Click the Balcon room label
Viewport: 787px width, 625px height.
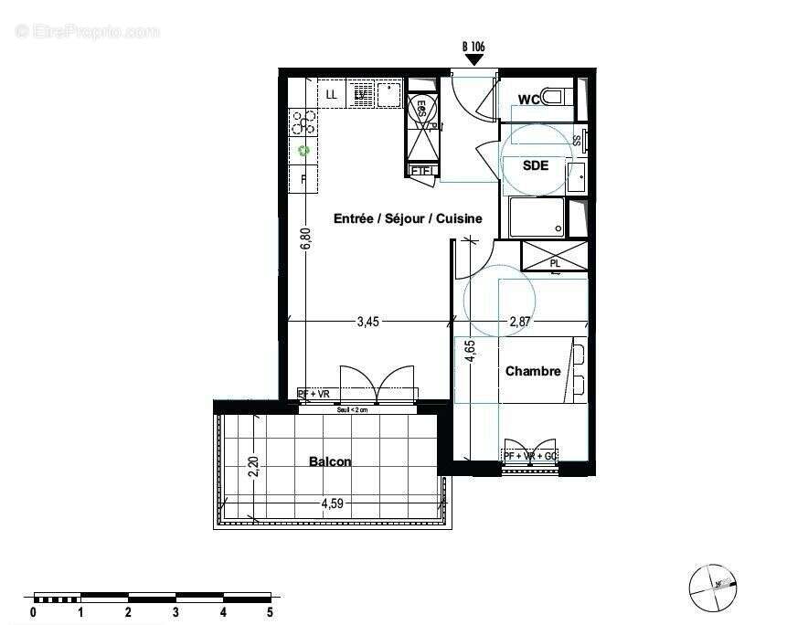pos(330,461)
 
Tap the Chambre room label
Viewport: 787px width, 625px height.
pos(533,371)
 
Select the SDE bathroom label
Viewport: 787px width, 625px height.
pos(536,165)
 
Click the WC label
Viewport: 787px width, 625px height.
pos(529,100)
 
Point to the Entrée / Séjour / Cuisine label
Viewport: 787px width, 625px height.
pos(408,218)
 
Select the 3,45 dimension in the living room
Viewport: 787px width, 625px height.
pos(367,321)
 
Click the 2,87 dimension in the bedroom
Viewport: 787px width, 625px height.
pos(521,321)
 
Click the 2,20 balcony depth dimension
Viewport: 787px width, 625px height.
pos(254,467)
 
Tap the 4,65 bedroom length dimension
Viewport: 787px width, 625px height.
pos(469,352)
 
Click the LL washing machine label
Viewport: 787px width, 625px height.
pos(331,93)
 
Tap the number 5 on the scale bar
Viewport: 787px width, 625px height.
pos(270,611)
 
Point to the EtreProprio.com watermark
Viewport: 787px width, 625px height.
pos(88,31)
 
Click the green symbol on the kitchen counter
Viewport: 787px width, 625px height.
pos(304,151)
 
